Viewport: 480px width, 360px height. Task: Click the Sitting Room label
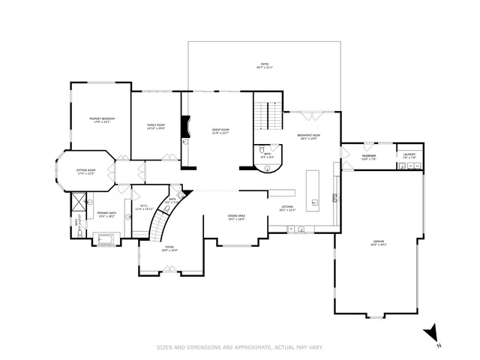tap(86, 172)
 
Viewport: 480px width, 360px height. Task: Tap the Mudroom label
tap(368, 157)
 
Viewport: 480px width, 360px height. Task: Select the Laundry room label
tap(409, 157)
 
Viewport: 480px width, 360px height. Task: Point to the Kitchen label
tap(287, 208)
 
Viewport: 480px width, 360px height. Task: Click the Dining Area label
tap(237, 217)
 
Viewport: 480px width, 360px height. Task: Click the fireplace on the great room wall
tap(189, 129)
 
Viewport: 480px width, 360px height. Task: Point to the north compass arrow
tap(430, 333)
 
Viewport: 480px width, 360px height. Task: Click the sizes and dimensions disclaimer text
tap(239, 347)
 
